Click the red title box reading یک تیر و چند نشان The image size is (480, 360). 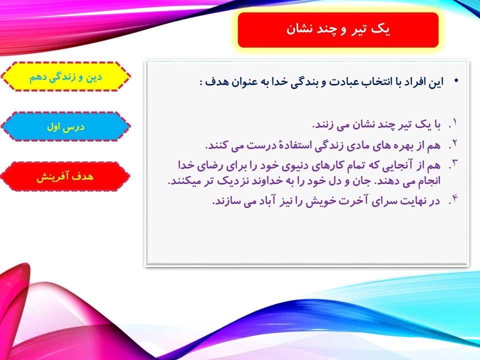click(338, 30)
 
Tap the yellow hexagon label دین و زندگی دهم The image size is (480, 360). click(65, 77)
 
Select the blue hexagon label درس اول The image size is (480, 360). click(65, 126)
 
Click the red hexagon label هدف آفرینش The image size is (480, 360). click(65, 176)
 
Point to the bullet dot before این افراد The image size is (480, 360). click(456, 81)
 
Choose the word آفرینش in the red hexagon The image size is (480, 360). click(52, 177)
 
